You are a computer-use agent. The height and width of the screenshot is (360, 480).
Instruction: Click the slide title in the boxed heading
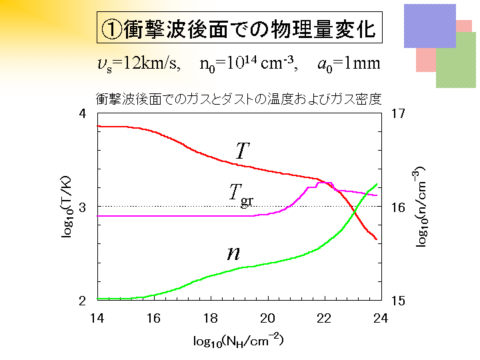point(239,29)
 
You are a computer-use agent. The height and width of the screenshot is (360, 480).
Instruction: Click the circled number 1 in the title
point(111,29)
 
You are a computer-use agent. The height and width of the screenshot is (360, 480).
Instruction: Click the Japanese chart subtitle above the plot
point(239,99)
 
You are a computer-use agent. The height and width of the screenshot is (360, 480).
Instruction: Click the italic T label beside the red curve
point(242,151)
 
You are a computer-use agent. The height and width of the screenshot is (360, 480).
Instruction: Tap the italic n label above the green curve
point(233,253)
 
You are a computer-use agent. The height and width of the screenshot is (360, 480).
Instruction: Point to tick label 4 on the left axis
point(83,114)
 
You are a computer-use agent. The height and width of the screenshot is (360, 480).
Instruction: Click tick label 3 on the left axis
point(83,207)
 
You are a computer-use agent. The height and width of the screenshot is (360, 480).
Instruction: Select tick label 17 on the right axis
point(399,114)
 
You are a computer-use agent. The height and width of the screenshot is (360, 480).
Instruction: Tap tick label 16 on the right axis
point(399,207)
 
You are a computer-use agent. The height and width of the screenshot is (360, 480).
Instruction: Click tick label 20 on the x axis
point(267,318)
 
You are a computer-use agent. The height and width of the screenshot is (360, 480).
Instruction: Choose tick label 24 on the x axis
point(381,318)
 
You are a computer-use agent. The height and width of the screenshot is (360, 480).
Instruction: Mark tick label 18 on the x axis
point(211,318)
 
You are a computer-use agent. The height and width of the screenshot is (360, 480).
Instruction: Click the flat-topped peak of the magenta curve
point(325,183)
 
